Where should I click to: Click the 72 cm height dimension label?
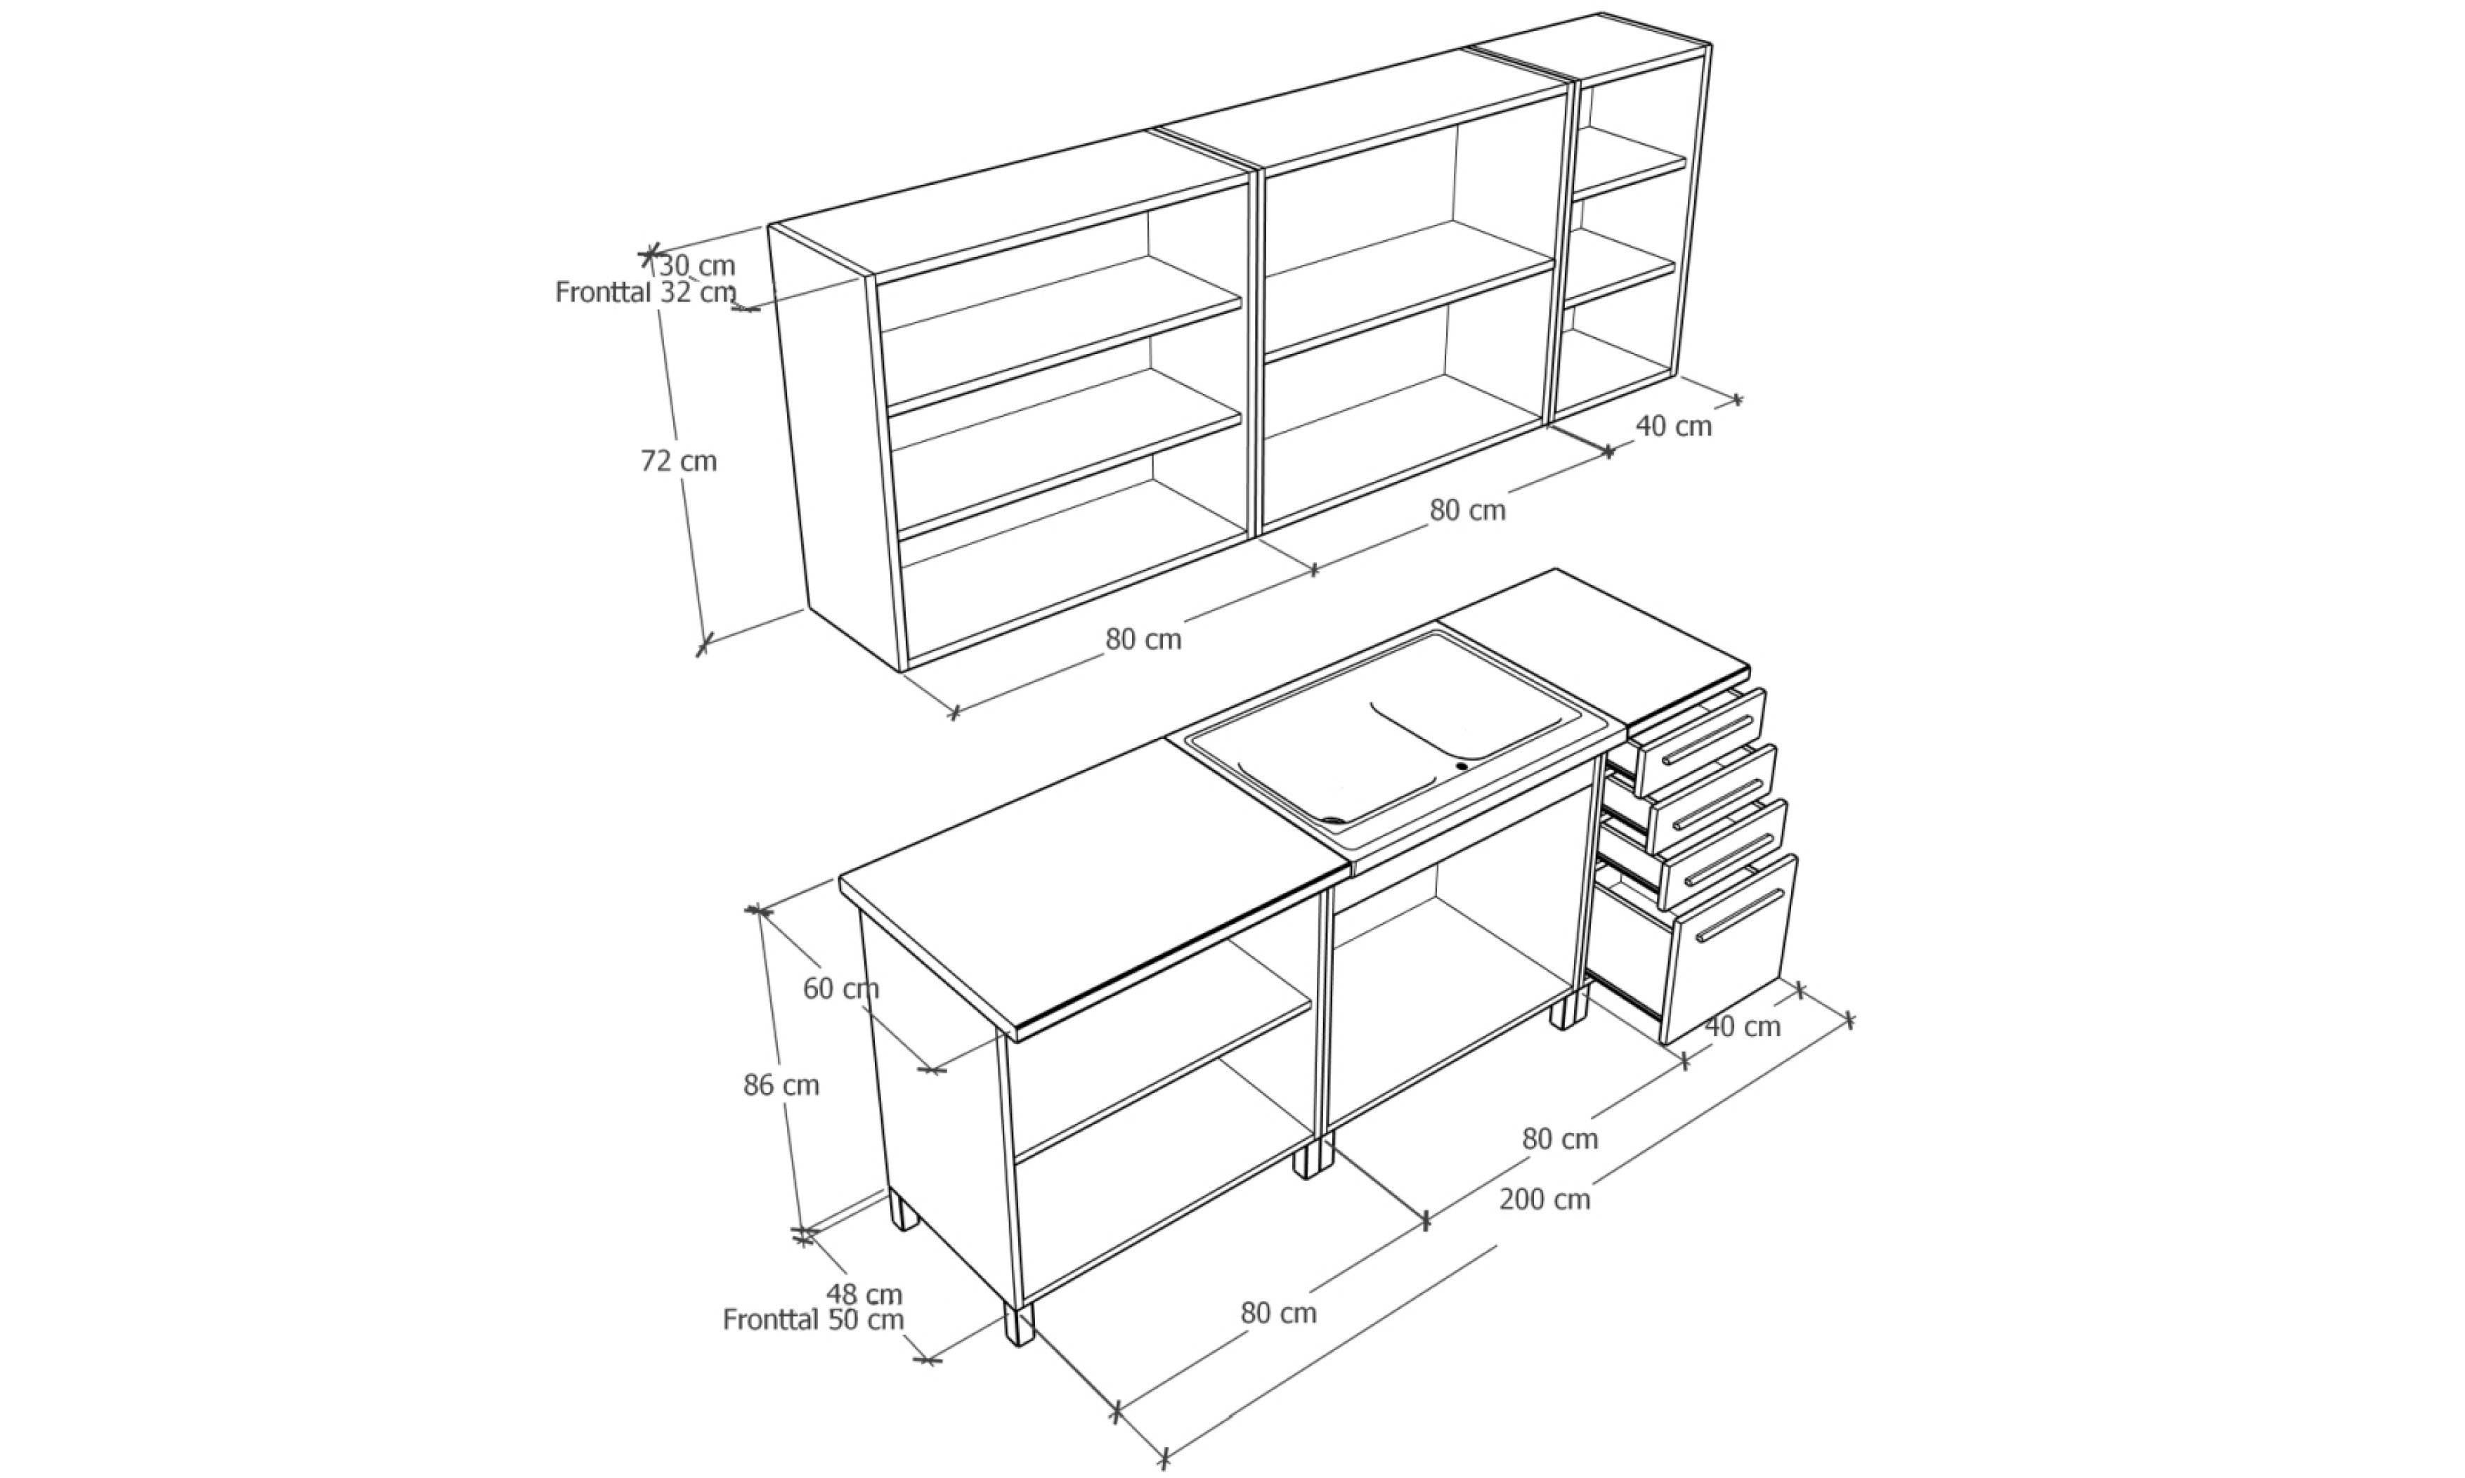[678, 461]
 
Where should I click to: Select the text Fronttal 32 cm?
[645, 293]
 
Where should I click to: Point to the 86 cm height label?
[781, 1085]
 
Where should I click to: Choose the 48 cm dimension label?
[864, 1295]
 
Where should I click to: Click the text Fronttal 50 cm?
[813, 1320]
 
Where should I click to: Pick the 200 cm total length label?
[1544, 1200]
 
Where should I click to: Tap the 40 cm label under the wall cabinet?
[1674, 426]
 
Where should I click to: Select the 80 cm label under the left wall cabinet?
[1143, 639]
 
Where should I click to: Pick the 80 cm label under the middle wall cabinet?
[1468, 510]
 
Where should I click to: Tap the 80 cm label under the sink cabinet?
[1560, 1139]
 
